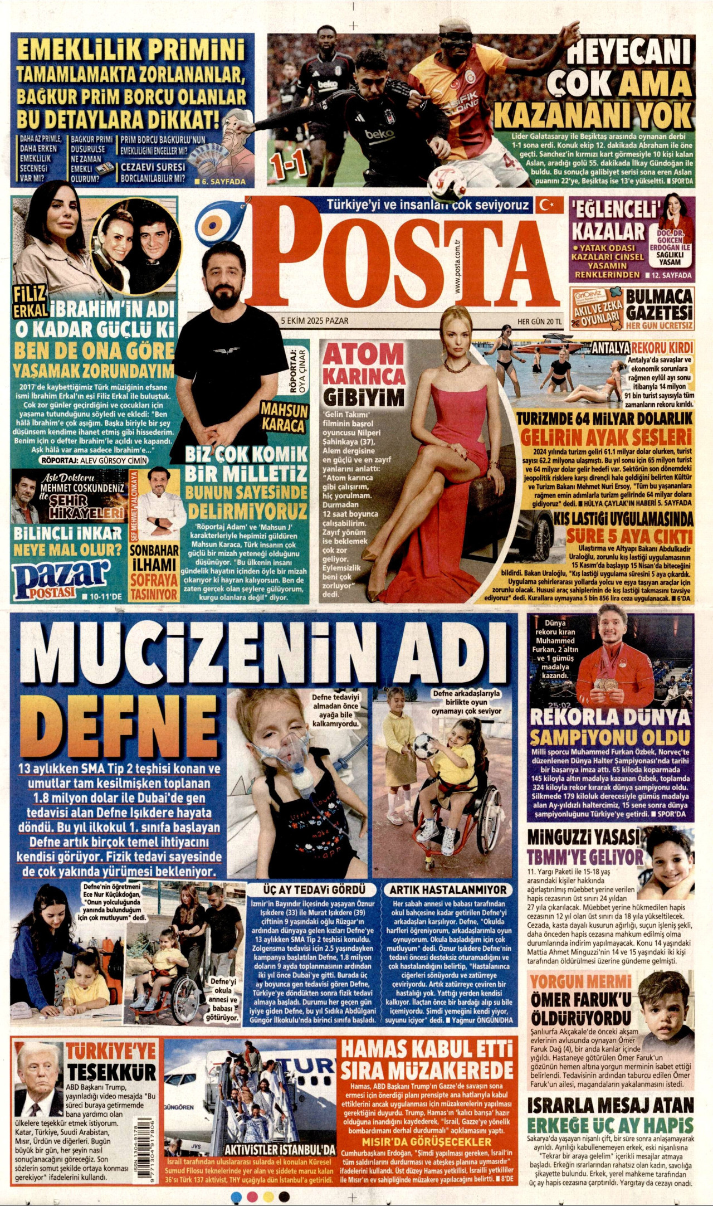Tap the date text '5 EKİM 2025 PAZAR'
coord(315,320)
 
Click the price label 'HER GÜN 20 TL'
coord(540,321)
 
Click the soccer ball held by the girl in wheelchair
coord(426,745)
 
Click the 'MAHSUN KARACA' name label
coord(284,418)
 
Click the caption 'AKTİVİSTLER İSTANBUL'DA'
coord(280,1150)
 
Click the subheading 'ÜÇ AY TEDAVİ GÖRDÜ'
coord(315,890)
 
